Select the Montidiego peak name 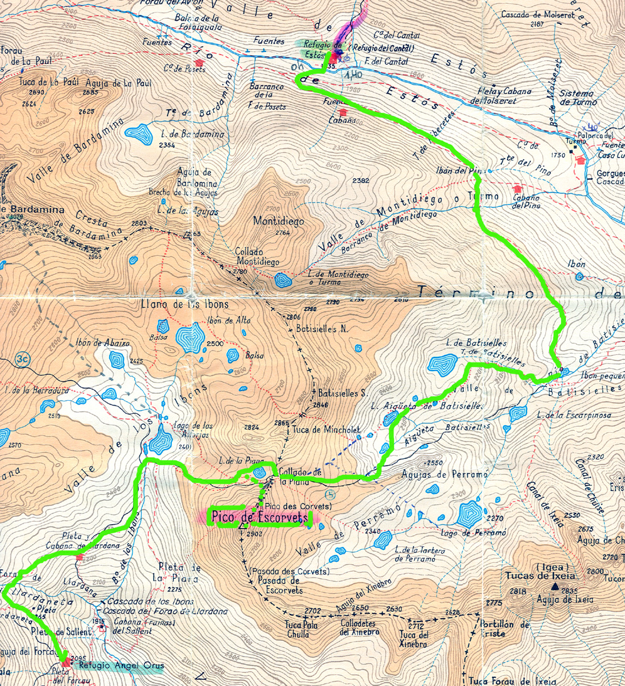pyautogui.click(x=270, y=221)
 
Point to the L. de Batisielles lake pyautogui.click(x=444, y=364)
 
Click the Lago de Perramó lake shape pyautogui.click(x=470, y=515)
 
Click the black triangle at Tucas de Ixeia pyautogui.click(x=555, y=587)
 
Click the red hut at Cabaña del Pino pyautogui.click(x=517, y=189)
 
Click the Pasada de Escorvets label pyautogui.click(x=280, y=586)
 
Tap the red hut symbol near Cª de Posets pyautogui.click(x=200, y=62)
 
